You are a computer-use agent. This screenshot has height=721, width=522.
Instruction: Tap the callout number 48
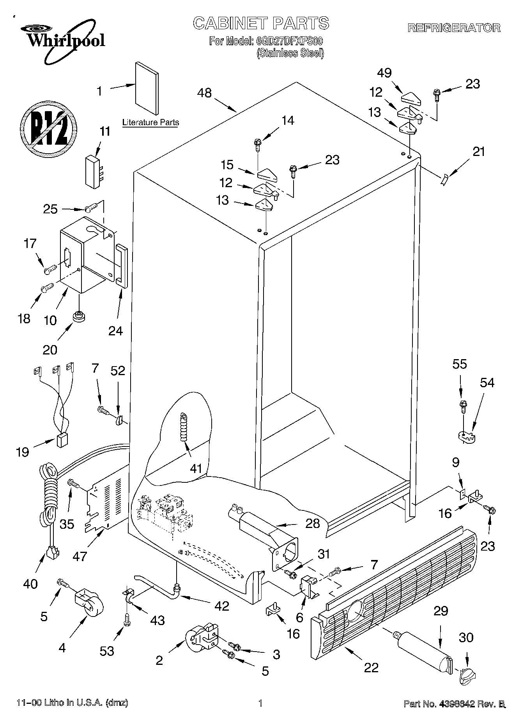click(x=204, y=93)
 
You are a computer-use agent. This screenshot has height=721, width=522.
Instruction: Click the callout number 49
click(x=384, y=73)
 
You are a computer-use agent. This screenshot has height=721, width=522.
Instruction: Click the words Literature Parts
click(x=150, y=122)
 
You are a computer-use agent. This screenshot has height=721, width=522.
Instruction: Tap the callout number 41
click(x=196, y=468)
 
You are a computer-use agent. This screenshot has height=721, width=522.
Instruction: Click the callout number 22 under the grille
click(x=371, y=668)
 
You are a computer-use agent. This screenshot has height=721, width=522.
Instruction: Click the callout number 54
click(x=487, y=383)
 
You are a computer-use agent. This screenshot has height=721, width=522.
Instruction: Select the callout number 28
click(x=313, y=523)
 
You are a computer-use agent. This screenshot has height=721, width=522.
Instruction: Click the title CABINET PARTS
click(x=261, y=23)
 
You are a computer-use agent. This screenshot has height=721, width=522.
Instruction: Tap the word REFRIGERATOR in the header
click(x=454, y=28)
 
